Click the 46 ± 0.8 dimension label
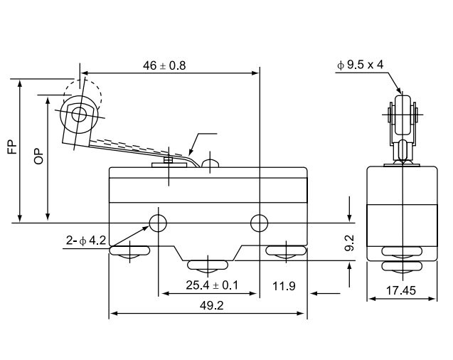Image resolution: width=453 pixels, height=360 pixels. pyautogui.click(x=164, y=65)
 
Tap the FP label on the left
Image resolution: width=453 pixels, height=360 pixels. pyautogui.click(x=12, y=147)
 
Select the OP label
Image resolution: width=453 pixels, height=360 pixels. pyautogui.click(x=38, y=157)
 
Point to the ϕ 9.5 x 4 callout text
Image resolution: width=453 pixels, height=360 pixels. pyautogui.click(x=360, y=65)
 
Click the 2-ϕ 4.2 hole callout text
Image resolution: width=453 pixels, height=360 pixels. pyautogui.click(x=86, y=240)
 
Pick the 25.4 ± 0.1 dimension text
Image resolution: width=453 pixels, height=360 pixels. pyautogui.click(x=212, y=285)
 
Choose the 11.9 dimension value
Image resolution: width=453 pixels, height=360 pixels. pyautogui.click(x=284, y=286)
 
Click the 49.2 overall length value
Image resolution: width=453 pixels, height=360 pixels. pyautogui.click(x=211, y=305)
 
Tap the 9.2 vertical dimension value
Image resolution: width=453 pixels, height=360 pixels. pyautogui.click(x=350, y=243)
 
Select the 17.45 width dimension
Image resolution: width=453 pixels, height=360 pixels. pyautogui.click(x=401, y=290)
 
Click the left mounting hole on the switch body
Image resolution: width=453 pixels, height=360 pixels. pyautogui.click(x=158, y=223)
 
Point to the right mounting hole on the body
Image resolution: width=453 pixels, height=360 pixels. pyautogui.click(x=259, y=223)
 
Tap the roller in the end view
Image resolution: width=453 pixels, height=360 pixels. pyautogui.click(x=403, y=115)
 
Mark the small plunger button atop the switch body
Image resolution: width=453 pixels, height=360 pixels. pyautogui.click(x=210, y=163)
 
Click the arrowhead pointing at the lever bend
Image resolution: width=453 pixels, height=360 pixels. pyautogui.click(x=191, y=152)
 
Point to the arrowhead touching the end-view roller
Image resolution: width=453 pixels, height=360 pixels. pyautogui.click(x=398, y=89)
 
